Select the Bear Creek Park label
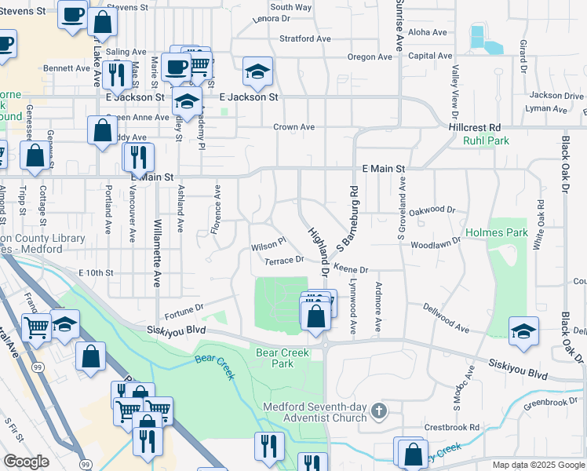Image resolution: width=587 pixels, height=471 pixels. [x=283, y=358]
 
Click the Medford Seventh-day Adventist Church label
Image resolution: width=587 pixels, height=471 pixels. [x=315, y=412]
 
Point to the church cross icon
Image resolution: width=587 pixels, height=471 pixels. [x=379, y=410]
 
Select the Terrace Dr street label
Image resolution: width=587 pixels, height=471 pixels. [x=284, y=260]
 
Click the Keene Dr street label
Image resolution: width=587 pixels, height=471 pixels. [x=351, y=268]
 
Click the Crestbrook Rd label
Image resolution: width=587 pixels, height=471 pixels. [x=451, y=428]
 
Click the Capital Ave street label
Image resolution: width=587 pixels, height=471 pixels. [x=430, y=56]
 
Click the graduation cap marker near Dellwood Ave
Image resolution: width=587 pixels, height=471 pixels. [x=523, y=333]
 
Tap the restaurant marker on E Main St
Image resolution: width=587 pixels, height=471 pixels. [x=138, y=159]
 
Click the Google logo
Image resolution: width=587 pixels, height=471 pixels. [x=26, y=462]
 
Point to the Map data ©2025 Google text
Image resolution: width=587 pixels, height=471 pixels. [x=538, y=465]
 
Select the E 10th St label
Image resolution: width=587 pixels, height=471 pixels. [x=97, y=272]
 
